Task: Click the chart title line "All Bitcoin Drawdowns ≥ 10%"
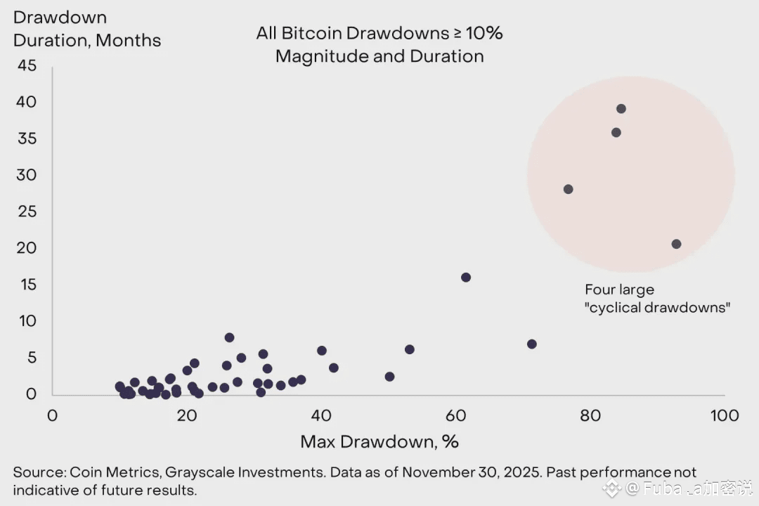[x=379, y=33]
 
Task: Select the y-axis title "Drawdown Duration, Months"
[x=86, y=29]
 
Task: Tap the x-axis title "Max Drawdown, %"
[x=379, y=441]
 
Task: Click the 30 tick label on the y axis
[x=26, y=175]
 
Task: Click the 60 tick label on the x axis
[x=456, y=415]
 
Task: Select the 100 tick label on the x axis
[x=724, y=415]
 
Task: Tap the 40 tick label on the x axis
[x=321, y=415]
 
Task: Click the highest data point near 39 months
[x=621, y=108]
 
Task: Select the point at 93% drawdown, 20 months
[x=676, y=244]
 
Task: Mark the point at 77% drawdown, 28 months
[x=568, y=189]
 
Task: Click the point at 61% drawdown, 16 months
[x=465, y=277]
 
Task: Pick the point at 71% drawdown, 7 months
[x=531, y=344]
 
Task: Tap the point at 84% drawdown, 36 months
[x=616, y=132]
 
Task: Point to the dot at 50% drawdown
[x=389, y=376]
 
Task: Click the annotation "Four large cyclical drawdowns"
[x=657, y=298]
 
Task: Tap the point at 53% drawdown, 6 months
[x=410, y=349]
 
